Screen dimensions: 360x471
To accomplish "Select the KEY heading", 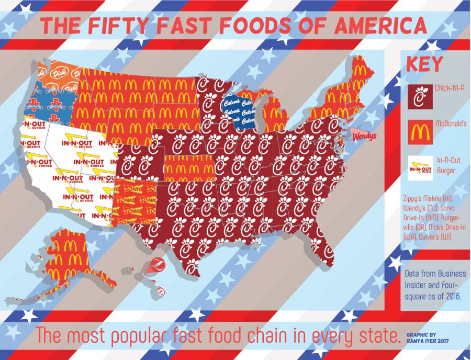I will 424,65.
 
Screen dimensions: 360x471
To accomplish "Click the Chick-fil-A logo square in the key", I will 419,96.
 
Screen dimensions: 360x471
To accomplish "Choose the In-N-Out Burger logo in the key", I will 419,166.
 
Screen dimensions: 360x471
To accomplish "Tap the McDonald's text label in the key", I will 450,123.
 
